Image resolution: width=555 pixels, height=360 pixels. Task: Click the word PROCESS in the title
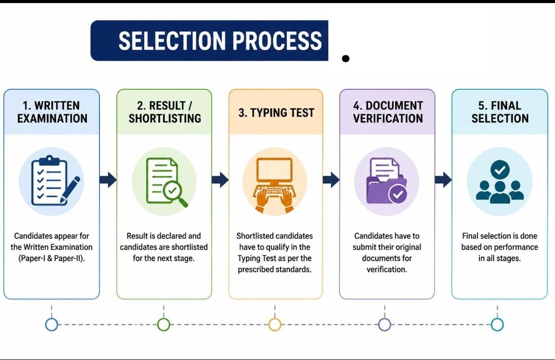pos(277,41)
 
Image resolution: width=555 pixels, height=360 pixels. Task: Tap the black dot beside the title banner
pos(346,59)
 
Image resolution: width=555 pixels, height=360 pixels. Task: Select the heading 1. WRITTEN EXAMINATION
pos(52,112)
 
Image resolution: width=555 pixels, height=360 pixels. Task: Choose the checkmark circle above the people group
pos(500,170)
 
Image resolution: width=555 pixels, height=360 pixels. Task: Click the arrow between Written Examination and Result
pos(108,180)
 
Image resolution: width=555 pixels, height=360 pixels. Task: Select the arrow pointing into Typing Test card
pos(220,180)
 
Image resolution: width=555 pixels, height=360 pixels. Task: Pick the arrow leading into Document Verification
pos(331,180)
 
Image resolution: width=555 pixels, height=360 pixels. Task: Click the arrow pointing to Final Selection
pos(443,180)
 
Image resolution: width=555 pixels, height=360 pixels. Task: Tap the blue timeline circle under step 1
pos(52,324)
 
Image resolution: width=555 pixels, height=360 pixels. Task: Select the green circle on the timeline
pos(163,324)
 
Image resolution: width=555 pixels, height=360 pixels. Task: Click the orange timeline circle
pos(275,324)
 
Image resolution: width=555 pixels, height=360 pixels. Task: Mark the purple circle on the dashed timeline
pos(385,324)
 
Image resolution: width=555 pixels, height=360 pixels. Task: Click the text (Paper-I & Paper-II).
pos(52,258)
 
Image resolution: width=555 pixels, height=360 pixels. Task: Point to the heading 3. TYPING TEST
pos(276,112)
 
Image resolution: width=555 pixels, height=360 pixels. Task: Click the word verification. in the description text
pos(386,270)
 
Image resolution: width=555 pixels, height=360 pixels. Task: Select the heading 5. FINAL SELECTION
pos(500,112)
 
